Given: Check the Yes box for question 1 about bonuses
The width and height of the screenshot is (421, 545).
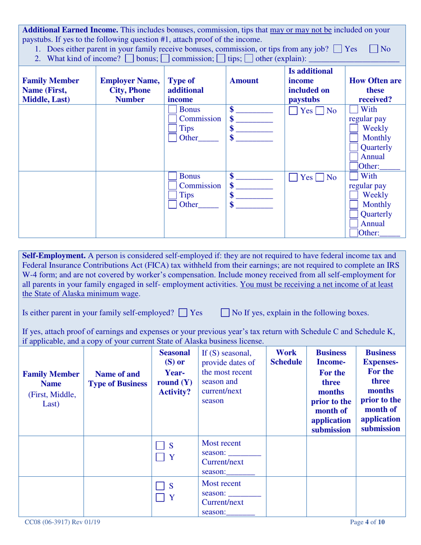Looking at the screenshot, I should coord(339,49).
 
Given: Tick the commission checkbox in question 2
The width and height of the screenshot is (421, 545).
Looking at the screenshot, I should coord(165,58).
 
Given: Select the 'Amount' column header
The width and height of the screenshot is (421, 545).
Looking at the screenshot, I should coord(244,81).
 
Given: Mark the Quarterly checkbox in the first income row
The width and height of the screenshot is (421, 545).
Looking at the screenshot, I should coord(355,148).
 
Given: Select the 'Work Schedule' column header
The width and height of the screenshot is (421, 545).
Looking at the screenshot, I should coord(286,358).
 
